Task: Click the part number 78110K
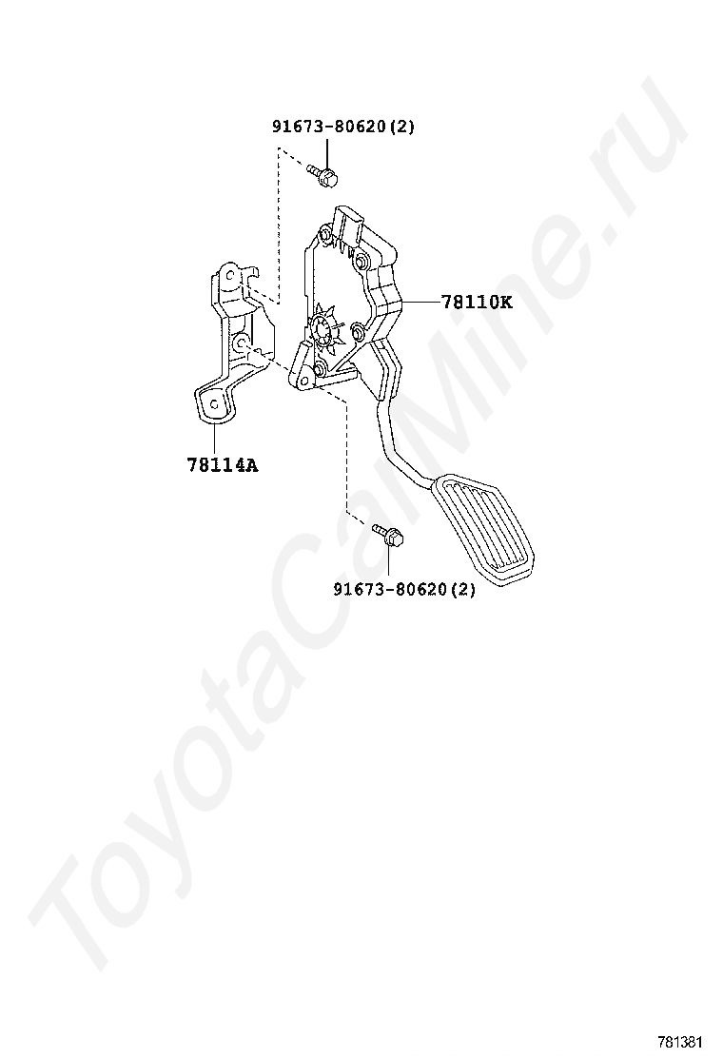click(x=477, y=303)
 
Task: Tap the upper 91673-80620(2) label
click(x=343, y=126)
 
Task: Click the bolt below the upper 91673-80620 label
click(x=324, y=174)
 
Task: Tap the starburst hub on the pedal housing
click(x=323, y=329)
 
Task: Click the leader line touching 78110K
click(x=420, y=303)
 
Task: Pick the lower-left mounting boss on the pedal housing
click(x=320, y=367)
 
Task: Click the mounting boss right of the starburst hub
click(x=358, y=330)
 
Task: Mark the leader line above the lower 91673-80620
click(x=388, y=561)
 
